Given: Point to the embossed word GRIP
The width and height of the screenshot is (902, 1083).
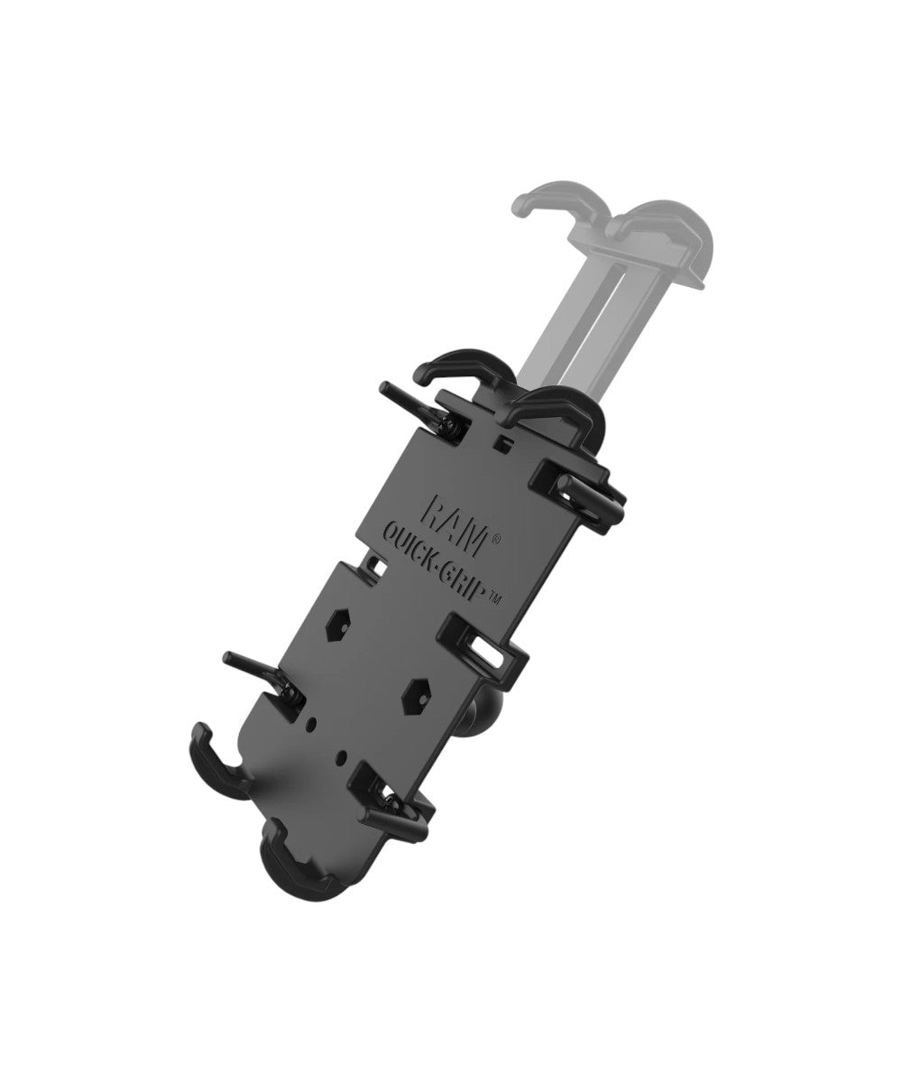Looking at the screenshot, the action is pyautogui.click(x=462, y=576).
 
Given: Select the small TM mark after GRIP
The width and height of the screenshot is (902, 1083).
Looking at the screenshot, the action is pyautogui.click(x=494, y=600).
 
